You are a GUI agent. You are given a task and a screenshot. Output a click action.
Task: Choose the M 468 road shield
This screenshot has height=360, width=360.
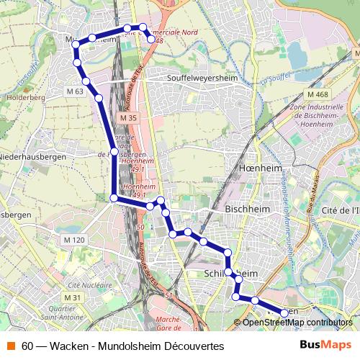coord(316,95)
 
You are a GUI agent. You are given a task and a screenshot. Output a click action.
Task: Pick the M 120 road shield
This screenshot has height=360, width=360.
coord(74,240)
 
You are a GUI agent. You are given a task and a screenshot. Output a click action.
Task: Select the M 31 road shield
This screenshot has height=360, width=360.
coord(72,297)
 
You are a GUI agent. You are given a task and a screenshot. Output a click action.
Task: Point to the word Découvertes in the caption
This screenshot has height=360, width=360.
coord(192,346)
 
